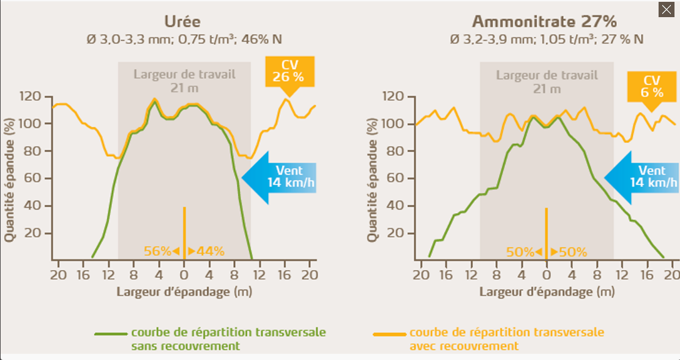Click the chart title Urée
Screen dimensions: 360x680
click(182, 21)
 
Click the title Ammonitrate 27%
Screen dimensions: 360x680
click(544, 21)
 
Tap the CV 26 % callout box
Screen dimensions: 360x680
click(290, 72)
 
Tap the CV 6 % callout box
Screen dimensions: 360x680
click(652, 86)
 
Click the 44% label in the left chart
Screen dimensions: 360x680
click(211, 251)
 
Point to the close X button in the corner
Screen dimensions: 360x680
click(666, 9)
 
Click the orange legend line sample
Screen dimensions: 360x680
click(389, 334)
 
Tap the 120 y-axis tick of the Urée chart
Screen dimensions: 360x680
click(31, 97)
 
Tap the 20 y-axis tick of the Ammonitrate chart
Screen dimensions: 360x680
click(396, 233)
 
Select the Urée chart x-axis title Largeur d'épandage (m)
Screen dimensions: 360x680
click(184, 291)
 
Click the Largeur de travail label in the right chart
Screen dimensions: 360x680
click(547, 75)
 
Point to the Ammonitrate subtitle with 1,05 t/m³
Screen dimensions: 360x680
click(547, 39)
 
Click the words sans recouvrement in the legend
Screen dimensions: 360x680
click(185, 346)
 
